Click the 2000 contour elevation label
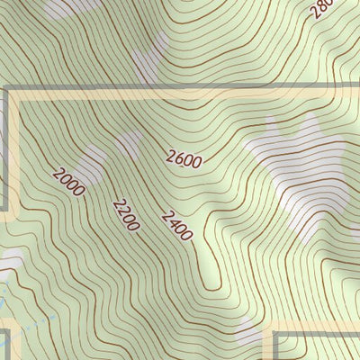coord(68,182)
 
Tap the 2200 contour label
coord(126,214)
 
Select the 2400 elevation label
coord(176,225)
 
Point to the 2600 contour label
coord(184,158)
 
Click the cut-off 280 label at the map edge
coord(320,9)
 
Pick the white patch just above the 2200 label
coord(129,144)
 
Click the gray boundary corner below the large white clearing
coord(275,335)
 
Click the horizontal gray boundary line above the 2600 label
coord(180,89)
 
